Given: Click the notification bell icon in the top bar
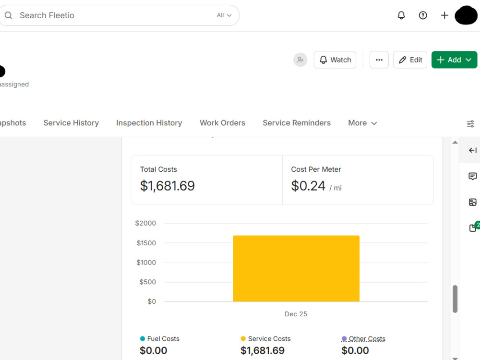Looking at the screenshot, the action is [x=401, y=15].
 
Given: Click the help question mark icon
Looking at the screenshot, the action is [x=423, y=15].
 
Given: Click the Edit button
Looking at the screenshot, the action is [x=410, y=60].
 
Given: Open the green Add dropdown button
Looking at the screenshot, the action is [x=454, y=60].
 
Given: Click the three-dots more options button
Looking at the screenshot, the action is [x=379, y=60].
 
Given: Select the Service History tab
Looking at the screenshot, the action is [x=71, y=123].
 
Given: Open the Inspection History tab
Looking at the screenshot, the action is [x=149, y=123].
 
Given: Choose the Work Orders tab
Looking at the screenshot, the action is [x=223, y=123].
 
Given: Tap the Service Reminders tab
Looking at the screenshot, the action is [x=297, y=123].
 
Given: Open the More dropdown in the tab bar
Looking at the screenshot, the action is [x=362, y=123].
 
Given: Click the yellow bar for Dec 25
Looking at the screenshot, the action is [x=296, y=268].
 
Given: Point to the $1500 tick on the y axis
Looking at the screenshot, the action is [x=146, y=243].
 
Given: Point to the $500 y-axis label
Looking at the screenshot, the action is [x=147, y=282].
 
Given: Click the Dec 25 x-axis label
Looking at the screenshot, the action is [x=296, y=314].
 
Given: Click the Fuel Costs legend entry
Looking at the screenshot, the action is [x=160, y=338].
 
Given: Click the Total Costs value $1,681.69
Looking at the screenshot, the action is [x=167, y=186].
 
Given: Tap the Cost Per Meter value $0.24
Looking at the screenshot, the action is [x=308, y=186].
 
